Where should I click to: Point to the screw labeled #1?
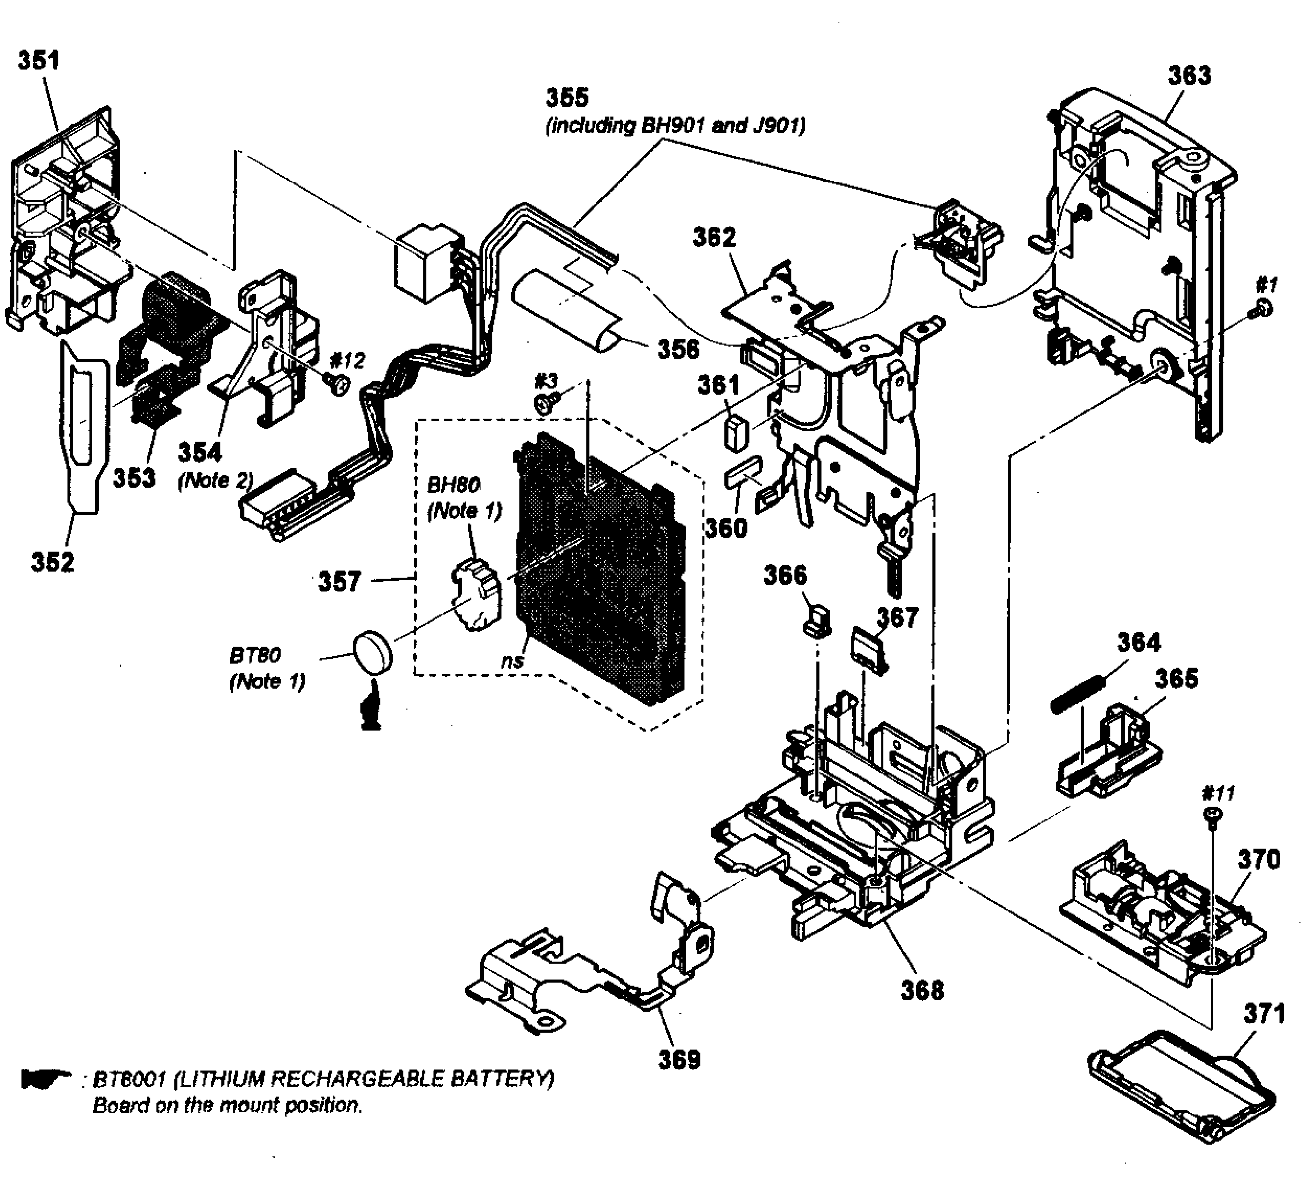(x=1265, y=309)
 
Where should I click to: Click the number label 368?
(x=922, y=990)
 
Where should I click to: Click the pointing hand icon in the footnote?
(x=45, y=1078)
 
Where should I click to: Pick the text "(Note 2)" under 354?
(x=215, y=481)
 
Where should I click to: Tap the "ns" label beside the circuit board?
(x=513, y=661)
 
